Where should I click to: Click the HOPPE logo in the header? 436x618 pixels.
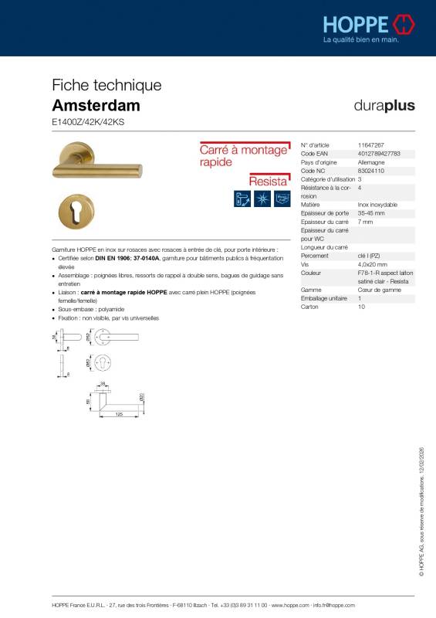tap(369, 24)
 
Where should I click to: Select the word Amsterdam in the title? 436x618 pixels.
tap(96, 105)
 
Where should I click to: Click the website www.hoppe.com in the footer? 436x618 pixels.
tap(290, 606)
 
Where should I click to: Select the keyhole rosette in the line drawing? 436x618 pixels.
tap(128, 363)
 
